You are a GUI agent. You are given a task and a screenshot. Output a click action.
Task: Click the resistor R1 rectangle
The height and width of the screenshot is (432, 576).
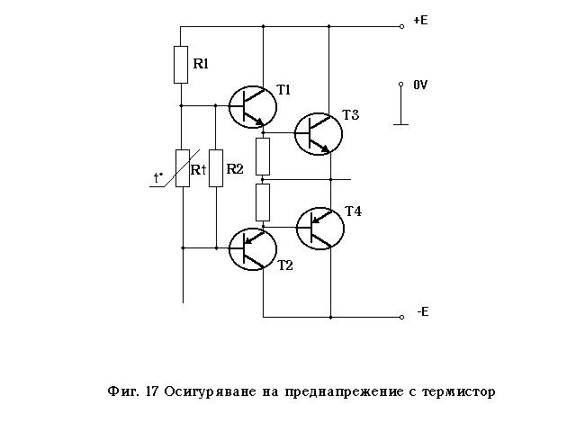[181, 64]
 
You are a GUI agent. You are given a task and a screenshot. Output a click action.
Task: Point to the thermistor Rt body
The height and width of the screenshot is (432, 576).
[182, 168]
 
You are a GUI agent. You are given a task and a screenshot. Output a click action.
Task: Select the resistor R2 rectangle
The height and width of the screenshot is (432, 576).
[215, 168]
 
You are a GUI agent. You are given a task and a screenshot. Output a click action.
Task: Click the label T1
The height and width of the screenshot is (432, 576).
[283, 90]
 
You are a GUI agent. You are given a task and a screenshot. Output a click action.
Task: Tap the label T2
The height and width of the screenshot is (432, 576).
[284, 265]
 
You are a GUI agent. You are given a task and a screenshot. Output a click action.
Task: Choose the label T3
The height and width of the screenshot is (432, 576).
[350, 114]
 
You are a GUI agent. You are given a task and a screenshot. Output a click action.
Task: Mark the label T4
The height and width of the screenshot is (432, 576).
[353, 211]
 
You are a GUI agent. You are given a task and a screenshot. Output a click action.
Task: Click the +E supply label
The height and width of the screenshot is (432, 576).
[419, 20]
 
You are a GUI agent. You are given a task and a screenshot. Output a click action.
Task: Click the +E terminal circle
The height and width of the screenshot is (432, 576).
[401, 26]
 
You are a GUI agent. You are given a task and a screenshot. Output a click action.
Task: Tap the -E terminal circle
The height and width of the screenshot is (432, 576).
[401, 317]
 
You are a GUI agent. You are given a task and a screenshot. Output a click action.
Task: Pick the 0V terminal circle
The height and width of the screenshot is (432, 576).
[401, 85]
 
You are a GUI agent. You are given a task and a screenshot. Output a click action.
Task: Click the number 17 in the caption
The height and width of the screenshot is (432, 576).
[150, 391]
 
